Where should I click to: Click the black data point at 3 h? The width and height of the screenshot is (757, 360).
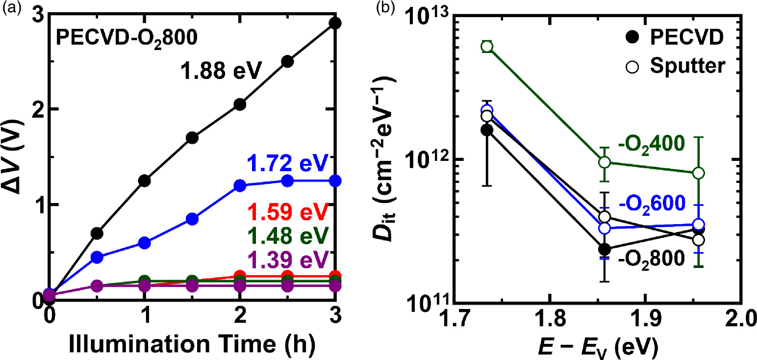(335, 23)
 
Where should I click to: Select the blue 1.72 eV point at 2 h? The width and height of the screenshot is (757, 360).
(240, 186)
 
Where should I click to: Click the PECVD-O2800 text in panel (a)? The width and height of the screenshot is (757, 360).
(127, 37)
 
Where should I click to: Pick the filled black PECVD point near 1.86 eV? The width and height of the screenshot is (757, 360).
(605, 249)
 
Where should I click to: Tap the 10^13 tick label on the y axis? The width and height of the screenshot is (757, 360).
(427, 21)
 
